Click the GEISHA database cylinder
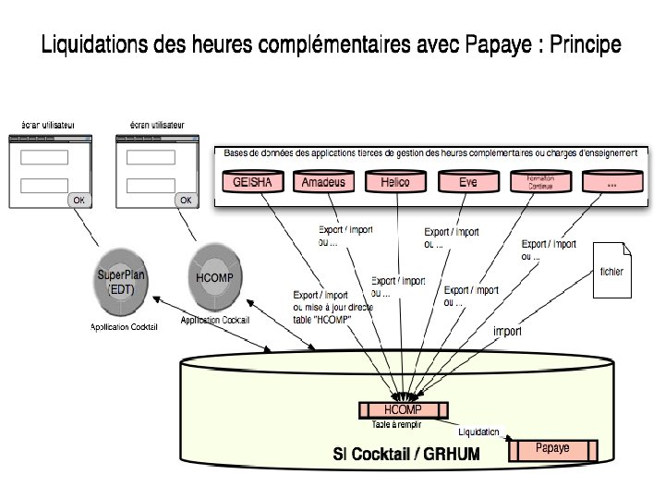point(252,182)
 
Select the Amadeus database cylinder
point(323,182)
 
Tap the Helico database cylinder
point(394,182)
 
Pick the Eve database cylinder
point(468,182)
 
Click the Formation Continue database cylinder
point(540,182)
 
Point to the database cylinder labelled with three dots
point(611,183)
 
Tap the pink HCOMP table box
point(403,409)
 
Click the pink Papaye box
point(552,449)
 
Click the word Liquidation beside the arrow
point(478,431)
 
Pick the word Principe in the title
point(585,45)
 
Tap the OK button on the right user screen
point(186,200)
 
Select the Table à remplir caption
point(398,425)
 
